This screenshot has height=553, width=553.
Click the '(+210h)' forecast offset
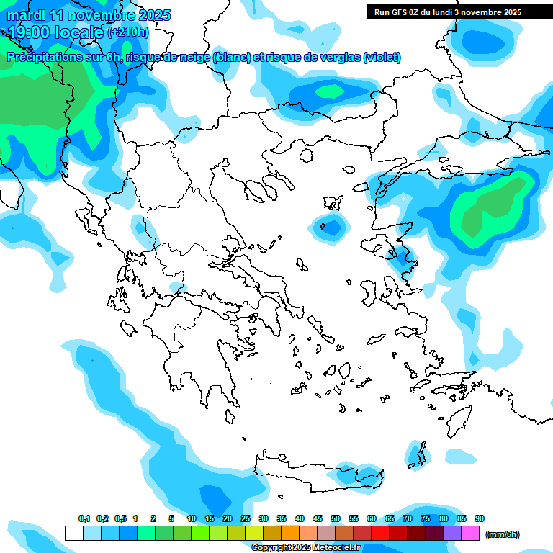129,32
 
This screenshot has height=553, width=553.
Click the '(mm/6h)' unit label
502,534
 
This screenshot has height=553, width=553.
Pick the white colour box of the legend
73,534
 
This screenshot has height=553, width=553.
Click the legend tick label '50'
336,518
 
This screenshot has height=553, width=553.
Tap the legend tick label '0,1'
84,518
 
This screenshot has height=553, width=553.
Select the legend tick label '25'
246,518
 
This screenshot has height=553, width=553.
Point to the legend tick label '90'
480,518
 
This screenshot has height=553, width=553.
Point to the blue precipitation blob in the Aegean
331,227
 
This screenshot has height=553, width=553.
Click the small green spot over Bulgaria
331,91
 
